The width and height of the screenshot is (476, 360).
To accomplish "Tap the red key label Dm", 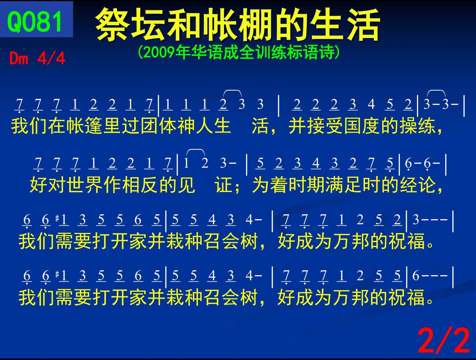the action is click(19, 58).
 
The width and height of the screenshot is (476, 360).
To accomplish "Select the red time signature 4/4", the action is click(51, 58).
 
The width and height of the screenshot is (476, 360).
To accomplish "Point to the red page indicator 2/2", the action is click(444, 341).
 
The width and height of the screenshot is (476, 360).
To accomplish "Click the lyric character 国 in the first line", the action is click(353, 126).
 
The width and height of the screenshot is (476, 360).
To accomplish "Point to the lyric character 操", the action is click(408, 126).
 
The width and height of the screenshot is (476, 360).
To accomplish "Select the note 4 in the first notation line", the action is click(371, 104).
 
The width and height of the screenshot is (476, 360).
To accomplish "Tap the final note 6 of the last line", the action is click(416, 276).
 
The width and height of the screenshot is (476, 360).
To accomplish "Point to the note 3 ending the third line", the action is click(416, 219).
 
